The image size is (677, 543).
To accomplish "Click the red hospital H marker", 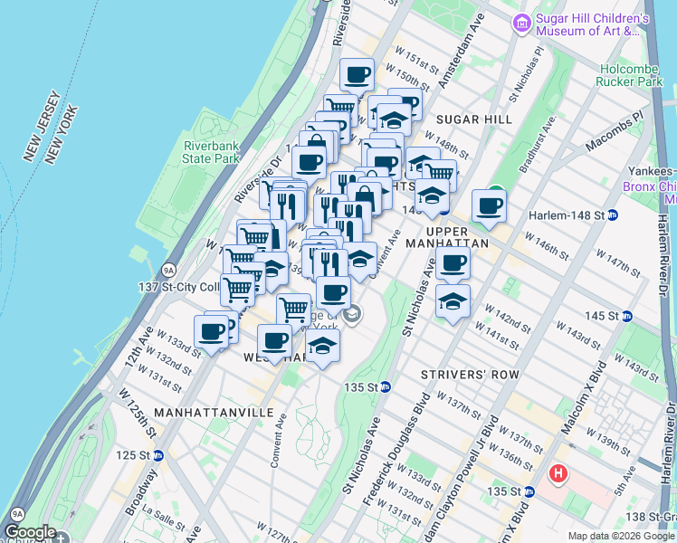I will coord(559,472).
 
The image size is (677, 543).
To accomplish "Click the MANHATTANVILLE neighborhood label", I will coord(214,412).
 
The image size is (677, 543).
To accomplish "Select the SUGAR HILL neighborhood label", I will coord(474,119).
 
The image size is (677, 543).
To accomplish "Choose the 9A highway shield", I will coord(168,270).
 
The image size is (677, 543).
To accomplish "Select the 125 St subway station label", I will coord(140,454).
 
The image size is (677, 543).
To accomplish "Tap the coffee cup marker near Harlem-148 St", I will coord(489,206).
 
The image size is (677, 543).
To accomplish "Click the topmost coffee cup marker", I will coord(357,74).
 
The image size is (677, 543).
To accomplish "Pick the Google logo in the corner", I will coord(30,533).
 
